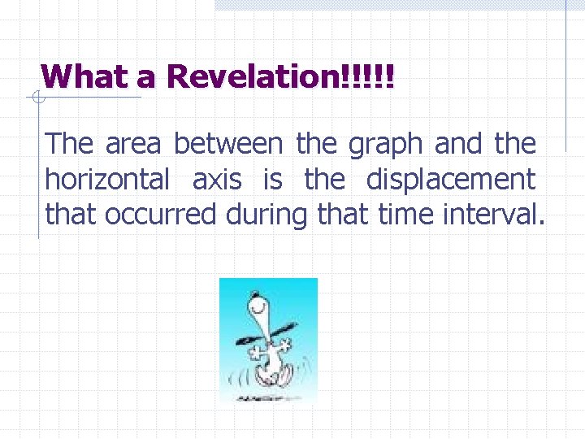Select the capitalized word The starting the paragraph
pos(70,144)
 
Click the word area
pos(134,144)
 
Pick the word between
pos(228,144)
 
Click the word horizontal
pos(107,180)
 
